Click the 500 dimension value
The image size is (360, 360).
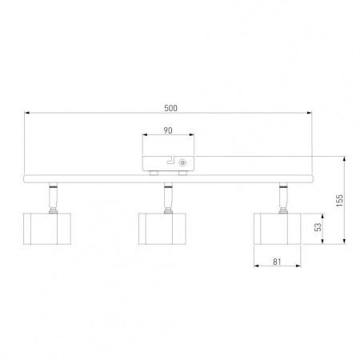(x=170, y=108)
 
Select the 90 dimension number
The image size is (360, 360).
(x=168, y=130)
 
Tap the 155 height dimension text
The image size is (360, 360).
(x=339, y=201)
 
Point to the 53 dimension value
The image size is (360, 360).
(x=318, y=227)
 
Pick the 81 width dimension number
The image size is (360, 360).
(x=277, y=262)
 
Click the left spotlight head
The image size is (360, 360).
(x=47, y=229)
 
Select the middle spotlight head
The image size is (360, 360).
(x=162, y=229)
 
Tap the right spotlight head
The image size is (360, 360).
(x=278, y=229)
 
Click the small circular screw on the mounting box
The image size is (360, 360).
(x=182, y=162)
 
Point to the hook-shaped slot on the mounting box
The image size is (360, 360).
(x=170, y=160)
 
